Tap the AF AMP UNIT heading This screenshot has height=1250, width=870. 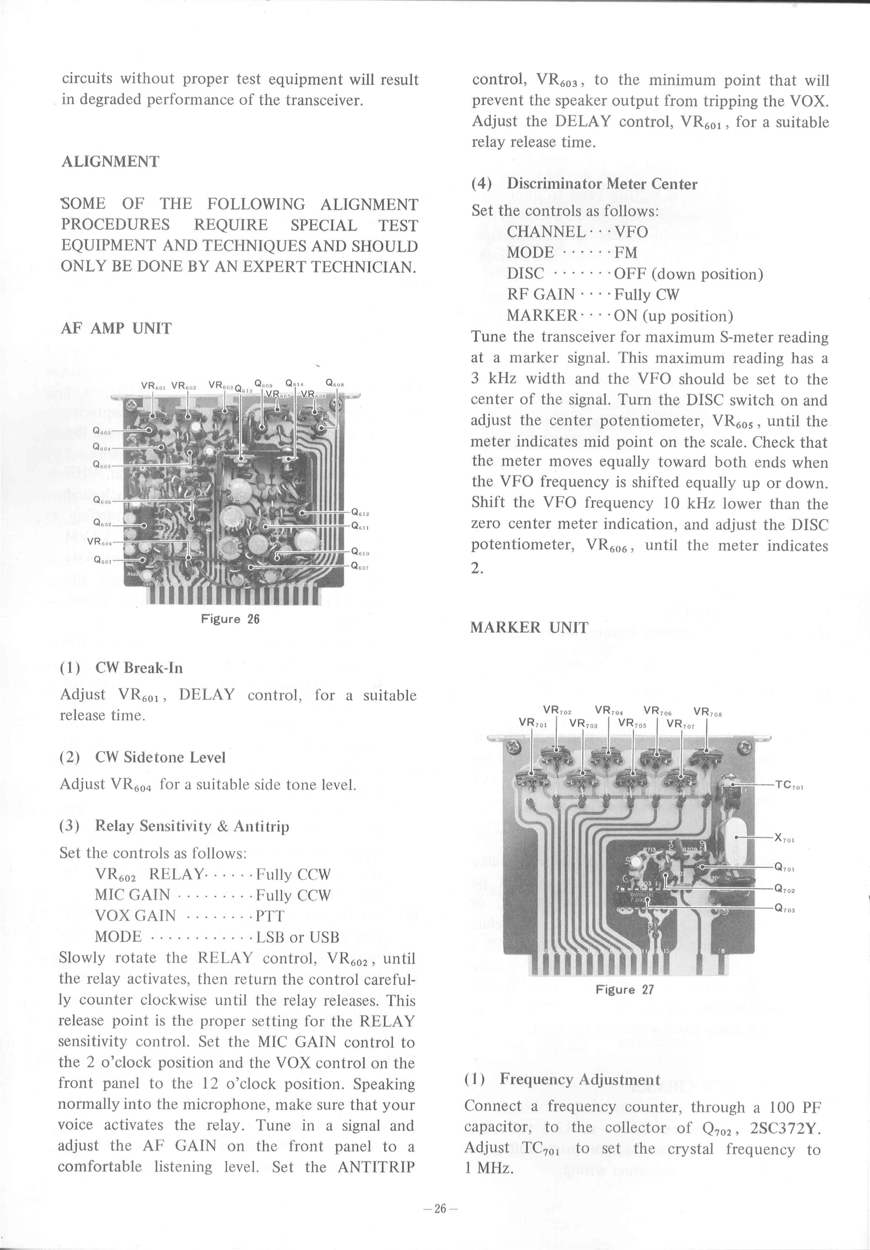[x=116, y=328]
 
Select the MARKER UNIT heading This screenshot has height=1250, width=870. [x=529, y=627]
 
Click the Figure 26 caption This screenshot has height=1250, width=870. [x=230, y=619]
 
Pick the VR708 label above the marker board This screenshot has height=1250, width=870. [x=708, y=711]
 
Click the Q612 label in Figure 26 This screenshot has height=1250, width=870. [x=360, y=512]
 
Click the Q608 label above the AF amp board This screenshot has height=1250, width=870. [x=334, y=383]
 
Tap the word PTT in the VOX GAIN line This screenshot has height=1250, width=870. [x=270, y=916]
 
